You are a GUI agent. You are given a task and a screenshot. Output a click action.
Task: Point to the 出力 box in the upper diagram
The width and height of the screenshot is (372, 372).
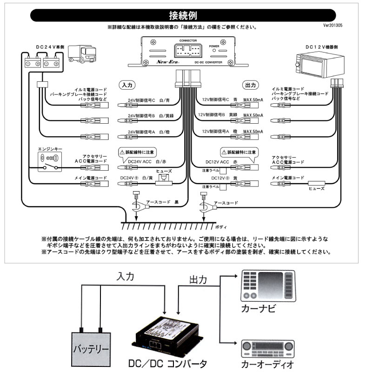[x=250, y=85]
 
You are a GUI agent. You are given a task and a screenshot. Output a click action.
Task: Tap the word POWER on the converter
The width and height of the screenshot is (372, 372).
[x=214, y=47]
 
